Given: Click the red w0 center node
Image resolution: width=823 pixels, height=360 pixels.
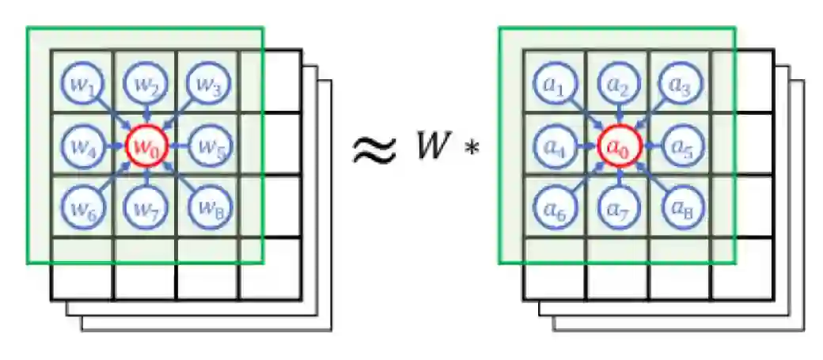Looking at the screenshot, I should (145, 146).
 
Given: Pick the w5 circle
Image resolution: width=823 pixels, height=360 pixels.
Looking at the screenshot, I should (208, 146).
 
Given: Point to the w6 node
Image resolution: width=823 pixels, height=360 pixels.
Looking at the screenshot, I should (82, 209).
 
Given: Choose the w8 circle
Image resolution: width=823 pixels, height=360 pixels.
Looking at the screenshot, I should (207, 209).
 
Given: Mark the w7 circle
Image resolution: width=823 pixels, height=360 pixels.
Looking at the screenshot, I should (145, 210).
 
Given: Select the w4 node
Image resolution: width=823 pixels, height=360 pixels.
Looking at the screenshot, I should (82, 146).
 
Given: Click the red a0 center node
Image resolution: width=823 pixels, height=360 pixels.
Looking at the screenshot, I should (617, 146).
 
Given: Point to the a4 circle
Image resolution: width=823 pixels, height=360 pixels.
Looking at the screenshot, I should (555, 146).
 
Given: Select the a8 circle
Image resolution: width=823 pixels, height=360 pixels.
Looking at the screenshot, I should (681, 209).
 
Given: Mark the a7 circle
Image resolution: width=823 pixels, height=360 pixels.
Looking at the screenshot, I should (617, 210).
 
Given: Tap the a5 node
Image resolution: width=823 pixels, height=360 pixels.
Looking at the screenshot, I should (681, 146).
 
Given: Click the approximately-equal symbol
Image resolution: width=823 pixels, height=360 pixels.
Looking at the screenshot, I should (373, 150).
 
